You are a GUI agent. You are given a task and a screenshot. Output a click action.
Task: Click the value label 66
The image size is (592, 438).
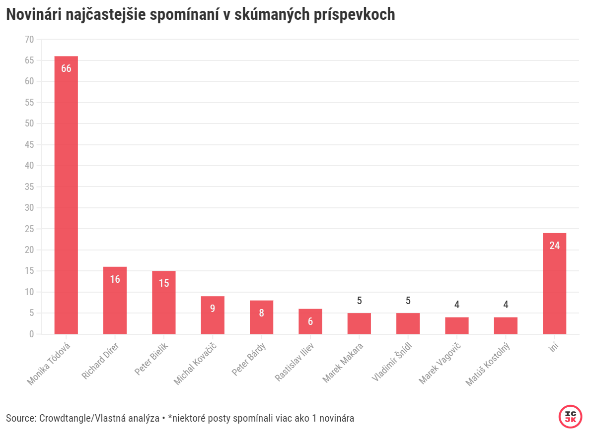(x=66, y=69)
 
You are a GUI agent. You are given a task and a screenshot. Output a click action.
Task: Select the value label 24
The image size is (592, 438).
(x=554, y=246)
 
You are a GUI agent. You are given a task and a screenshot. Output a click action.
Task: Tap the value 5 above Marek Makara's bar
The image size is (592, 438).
(x=359, y=301)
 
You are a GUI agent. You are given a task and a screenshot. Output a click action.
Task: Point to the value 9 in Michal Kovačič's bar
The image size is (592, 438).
(x=213, y=309)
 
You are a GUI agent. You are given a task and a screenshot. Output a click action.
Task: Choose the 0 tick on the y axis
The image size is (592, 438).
(x=31, y=334)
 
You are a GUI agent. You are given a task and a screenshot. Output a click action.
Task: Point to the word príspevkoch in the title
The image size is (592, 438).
(x=355, y=15)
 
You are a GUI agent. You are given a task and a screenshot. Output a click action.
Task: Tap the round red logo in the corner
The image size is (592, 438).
(x=570, y=417)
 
